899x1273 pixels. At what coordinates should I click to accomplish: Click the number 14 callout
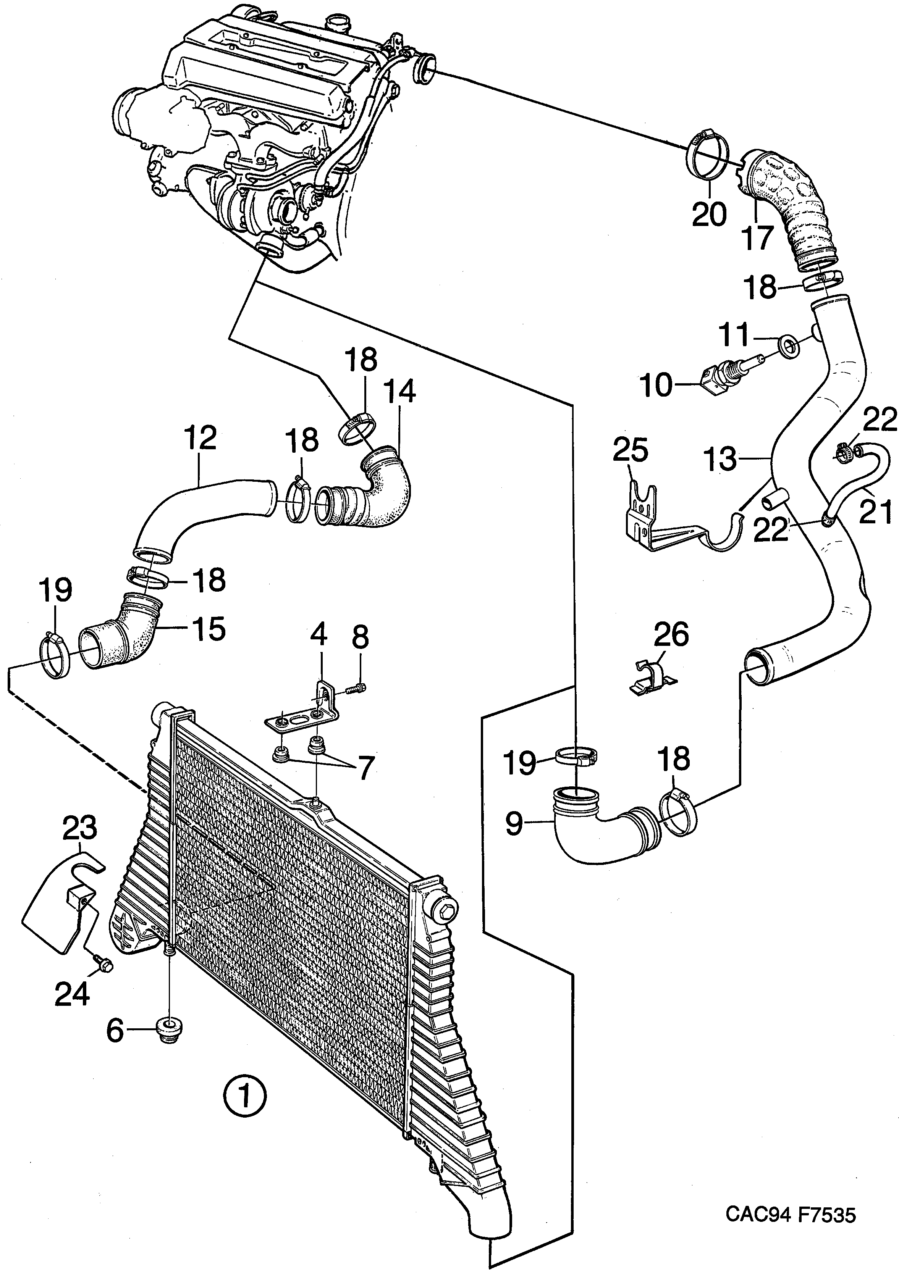tap(400, 392)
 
